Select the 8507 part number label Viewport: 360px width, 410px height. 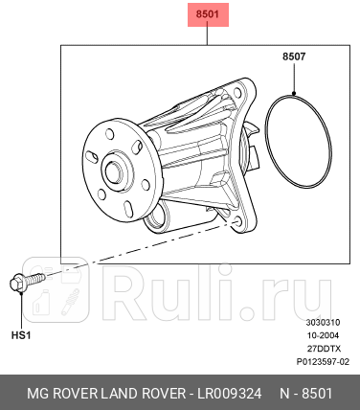click(293, 57)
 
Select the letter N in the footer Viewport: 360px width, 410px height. click(284, 395)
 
